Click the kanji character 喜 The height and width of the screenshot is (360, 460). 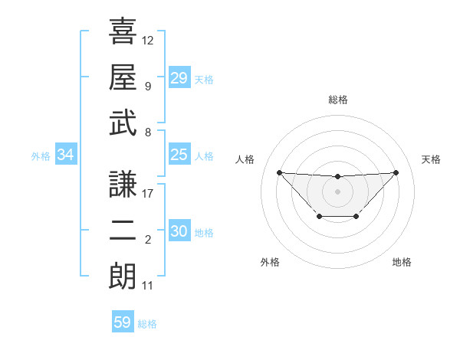click(x=123, y=32)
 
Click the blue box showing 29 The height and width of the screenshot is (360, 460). click(x=179, y=77)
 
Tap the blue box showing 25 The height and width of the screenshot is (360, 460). click(x=179, y=155)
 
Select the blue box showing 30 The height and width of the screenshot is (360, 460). click(x=179, y=232)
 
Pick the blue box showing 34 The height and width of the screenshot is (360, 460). click(x=66, y=155)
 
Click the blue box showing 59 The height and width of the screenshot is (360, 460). click(x=123, y=322)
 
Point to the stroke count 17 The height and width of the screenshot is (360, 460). click(x=148, y=194)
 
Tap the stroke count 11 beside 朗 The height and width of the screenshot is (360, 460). click(x=148, y=286)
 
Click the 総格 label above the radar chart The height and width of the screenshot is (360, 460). click(x=338, y=100)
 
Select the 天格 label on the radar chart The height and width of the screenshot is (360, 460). click(x=431, y=159)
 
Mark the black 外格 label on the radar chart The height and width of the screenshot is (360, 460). click(x=270, y=262)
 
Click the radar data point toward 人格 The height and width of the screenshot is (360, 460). click(x=279, y=172)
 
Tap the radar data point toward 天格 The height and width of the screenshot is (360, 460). click(x=396, y=172)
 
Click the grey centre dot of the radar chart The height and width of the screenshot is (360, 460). click(x=337, y=191)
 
